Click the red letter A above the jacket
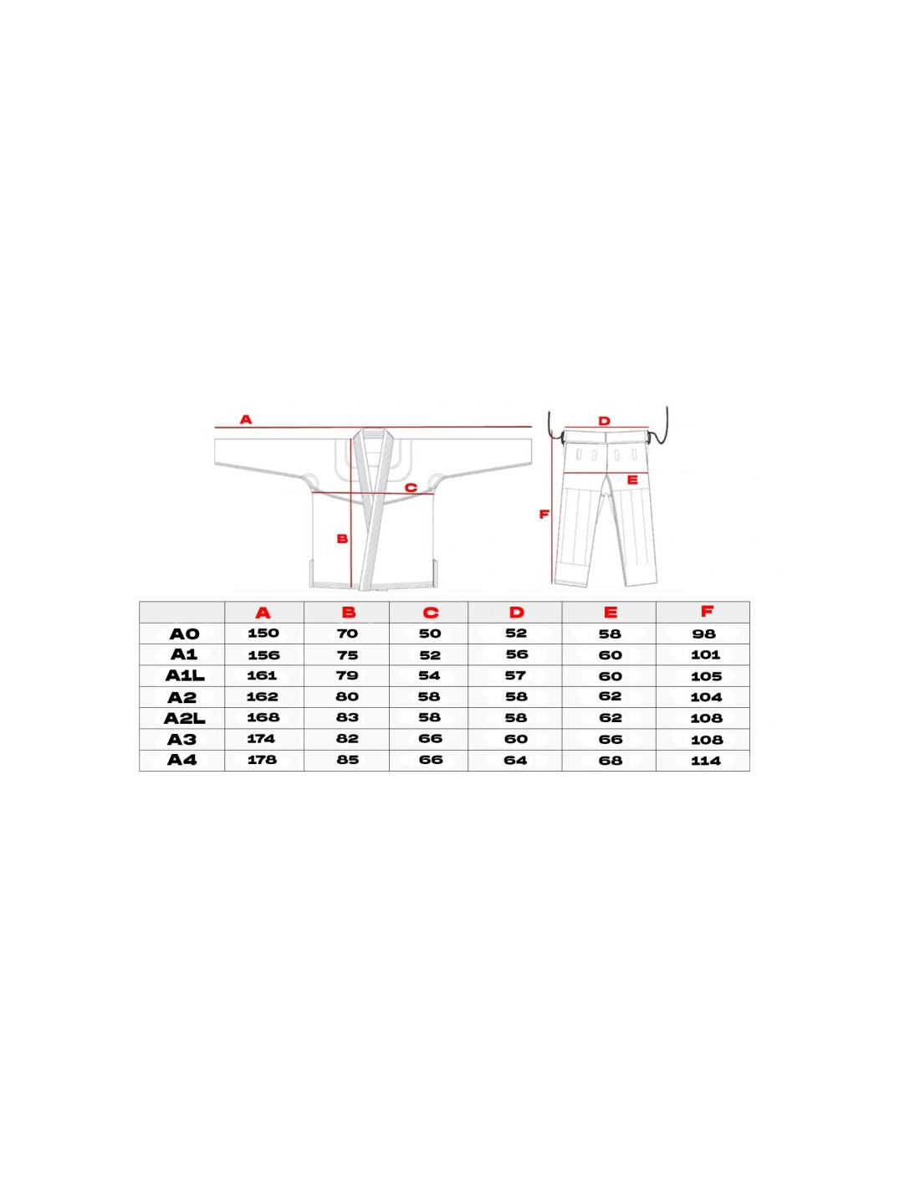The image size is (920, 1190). pos(246,419)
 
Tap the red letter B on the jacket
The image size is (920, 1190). pos(342,539)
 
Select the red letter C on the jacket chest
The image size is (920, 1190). pos(411,488)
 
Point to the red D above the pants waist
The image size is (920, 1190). pos(604,421)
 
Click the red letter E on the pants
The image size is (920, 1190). pos(632,480)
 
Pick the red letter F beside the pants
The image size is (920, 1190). pos(544,514)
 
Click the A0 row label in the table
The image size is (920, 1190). pos(185,634)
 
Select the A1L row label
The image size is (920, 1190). pos(185,676)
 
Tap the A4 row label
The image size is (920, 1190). pos(181,760)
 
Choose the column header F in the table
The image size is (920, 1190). pos(707,611)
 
